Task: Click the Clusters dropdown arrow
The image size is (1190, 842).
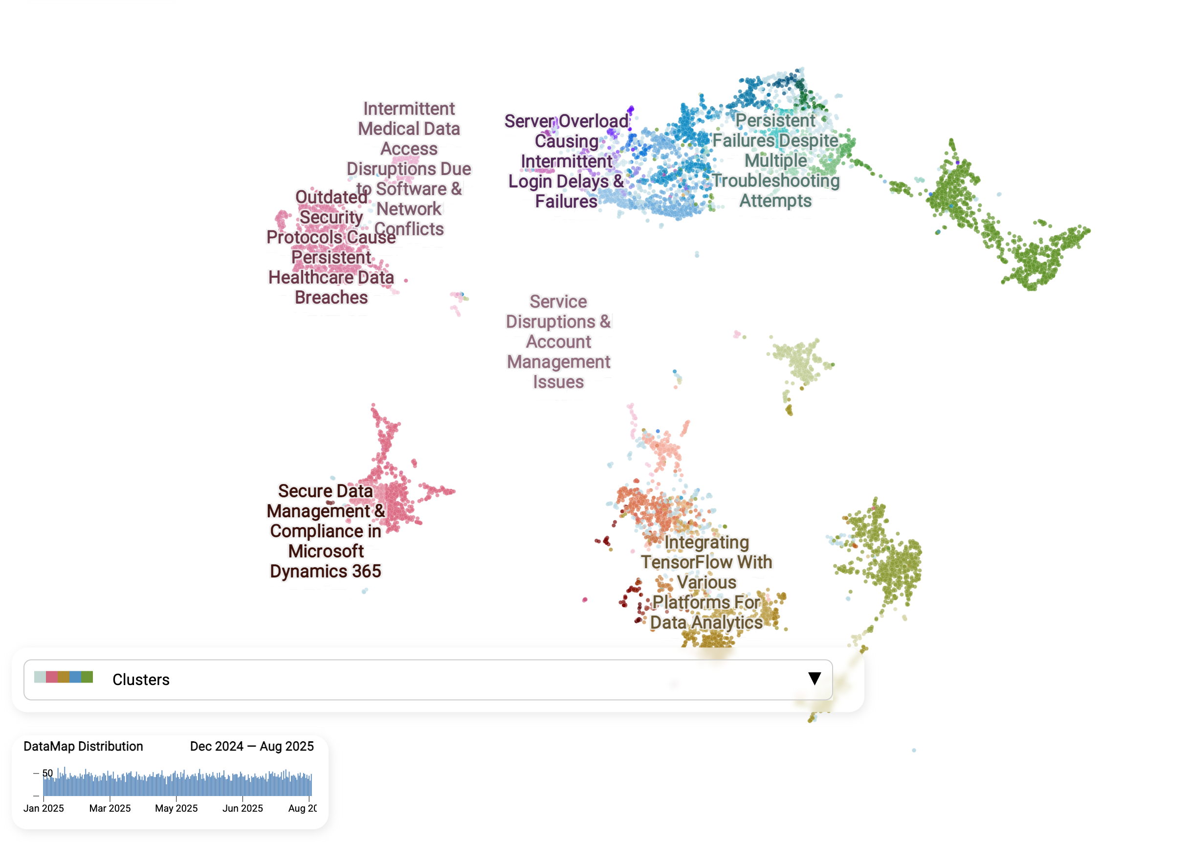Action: [814, 679]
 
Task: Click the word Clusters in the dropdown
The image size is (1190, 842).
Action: [141, 680]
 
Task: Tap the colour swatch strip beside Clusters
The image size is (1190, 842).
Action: [63, 677]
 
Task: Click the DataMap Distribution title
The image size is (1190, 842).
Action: [83, 746]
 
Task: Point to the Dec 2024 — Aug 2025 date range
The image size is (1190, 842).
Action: [252, 746]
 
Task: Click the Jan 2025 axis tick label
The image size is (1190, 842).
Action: [44, 808]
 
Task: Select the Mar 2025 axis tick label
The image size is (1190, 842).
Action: [110, 808]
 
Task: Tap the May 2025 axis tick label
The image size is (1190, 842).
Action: [176, 808]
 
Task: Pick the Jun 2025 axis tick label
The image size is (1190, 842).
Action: [242, 808]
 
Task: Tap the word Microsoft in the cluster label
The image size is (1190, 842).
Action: [326, 551]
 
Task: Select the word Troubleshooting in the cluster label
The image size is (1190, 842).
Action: [775, 181]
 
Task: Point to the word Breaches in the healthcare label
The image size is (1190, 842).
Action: [331, 298]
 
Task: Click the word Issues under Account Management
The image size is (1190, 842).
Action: [558, 382]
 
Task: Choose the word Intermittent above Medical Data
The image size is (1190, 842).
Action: [409, 109]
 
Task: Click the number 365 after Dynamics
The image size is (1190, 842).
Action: [367, 571]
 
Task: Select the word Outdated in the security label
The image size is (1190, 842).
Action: [331, 198]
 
